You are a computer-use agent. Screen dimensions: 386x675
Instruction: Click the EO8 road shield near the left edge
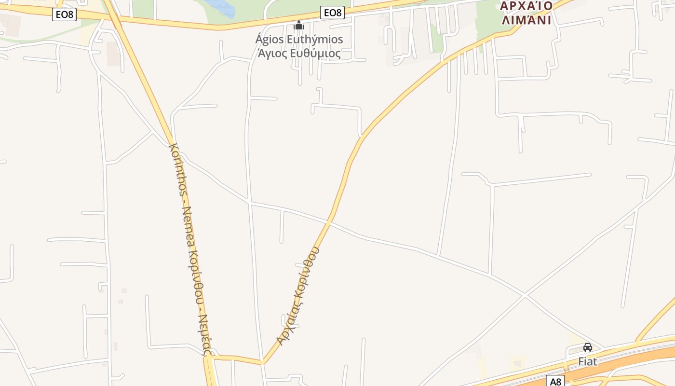coord(64,14)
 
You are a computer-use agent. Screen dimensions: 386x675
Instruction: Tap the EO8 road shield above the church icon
coord(332,13)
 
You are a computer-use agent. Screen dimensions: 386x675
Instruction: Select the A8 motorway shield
coord(556,381)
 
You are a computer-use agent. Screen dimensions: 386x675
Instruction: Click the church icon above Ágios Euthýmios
coord(299,25)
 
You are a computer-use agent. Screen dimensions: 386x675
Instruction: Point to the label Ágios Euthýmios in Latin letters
coord(299,39)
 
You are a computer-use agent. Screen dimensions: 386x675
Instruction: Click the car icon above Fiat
coord(587,347)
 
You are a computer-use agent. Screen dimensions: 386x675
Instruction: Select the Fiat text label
coord(587,361)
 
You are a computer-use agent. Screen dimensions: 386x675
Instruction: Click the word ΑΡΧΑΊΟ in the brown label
coord(526,6)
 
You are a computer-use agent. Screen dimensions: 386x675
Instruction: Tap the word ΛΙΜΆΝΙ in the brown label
coord(526,20)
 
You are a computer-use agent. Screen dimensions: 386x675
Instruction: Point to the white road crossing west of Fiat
coord(524,294)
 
